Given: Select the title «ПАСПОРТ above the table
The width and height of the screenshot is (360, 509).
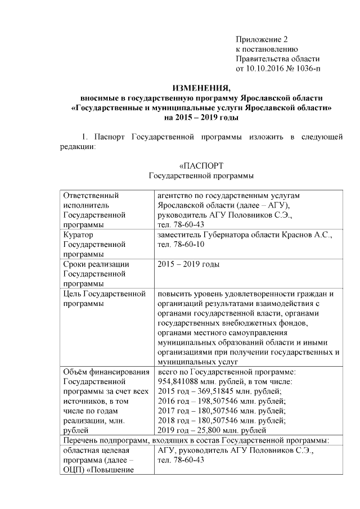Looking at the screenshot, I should pyautogui.click(x=201, y=167).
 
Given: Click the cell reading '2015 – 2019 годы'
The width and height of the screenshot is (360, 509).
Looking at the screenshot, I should pyautogui.click(x=188, y=264).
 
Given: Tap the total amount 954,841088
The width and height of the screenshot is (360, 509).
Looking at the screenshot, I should pyautogui.click(x=179, y=381).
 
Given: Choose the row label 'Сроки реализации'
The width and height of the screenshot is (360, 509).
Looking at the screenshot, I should pyautogui.click(x=97, y=264).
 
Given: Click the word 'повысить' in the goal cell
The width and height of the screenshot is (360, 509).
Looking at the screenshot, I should pyautogui.click(x=174, y=294).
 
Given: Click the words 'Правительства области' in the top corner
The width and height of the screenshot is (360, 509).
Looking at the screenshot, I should pyautogui.click(x=277, y=58).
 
